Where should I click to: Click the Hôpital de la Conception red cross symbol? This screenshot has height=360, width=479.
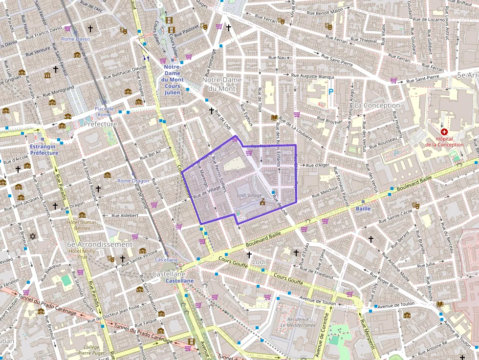[444, 132]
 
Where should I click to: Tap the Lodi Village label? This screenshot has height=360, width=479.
[249, 195]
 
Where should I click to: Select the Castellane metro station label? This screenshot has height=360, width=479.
[179, 281]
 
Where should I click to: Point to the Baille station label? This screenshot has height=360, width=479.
[363, 209]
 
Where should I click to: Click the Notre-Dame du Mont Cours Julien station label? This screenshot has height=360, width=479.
[172, 80]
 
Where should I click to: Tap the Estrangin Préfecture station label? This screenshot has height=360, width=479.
[44, 149]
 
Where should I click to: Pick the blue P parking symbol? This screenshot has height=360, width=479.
[331, 91]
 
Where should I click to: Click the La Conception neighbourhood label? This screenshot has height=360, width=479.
[377, 105]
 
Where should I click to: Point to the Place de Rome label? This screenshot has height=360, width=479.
[104, 112]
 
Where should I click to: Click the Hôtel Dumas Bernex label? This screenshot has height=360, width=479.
[82, 225]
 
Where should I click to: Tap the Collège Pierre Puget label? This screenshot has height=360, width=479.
[91, 350]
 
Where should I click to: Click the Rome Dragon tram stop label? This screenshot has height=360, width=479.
[133, 181]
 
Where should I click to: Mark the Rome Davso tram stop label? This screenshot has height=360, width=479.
[75, 39]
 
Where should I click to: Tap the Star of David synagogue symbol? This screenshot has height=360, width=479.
[34, 236]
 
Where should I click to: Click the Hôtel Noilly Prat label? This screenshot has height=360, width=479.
[82, 254]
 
